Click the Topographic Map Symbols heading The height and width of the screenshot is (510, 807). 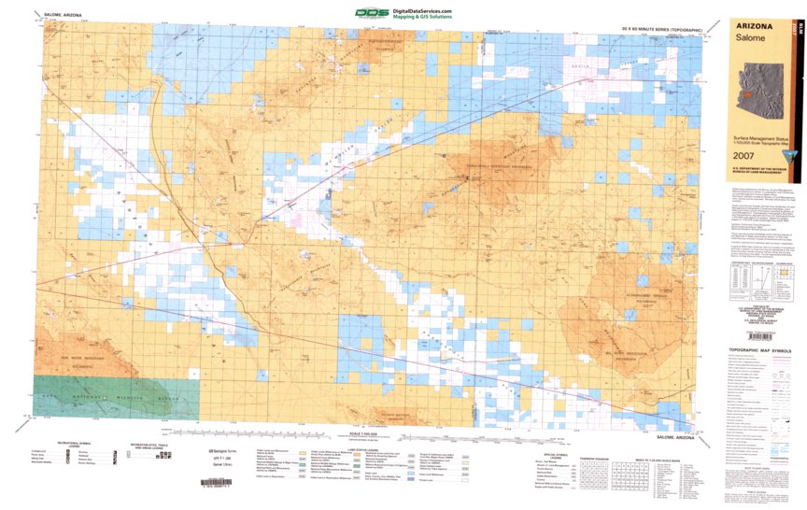click(x=759, y=354)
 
